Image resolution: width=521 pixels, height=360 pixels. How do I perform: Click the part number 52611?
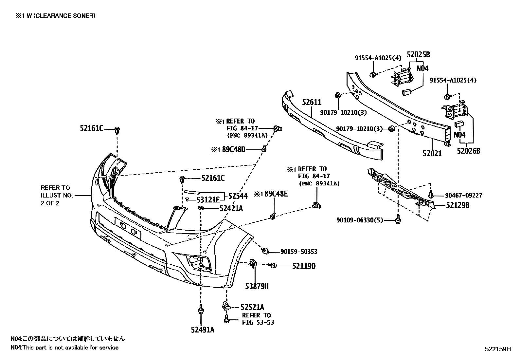coord(312,103)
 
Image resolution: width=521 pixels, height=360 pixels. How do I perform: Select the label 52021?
coord(432,153)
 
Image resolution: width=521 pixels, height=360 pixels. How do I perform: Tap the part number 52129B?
coord(458,206)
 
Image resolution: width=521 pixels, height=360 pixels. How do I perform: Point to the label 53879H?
coord(257,286)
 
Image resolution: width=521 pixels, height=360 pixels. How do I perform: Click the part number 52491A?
coord(203,330)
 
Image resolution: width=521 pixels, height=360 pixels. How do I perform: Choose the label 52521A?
coord(252,307)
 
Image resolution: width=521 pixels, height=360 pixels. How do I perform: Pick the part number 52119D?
coord(304,266)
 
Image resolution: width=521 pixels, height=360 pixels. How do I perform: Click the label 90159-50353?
coord(298,252)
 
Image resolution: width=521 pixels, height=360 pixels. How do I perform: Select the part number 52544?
coord(238,196)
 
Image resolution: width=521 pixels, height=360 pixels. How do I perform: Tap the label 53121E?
coord(208,199)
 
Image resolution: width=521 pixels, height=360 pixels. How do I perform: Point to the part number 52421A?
coord(231,208)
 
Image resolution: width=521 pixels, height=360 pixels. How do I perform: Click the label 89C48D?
coord(233,149)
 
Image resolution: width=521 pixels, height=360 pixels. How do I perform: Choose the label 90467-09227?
coord(463,196)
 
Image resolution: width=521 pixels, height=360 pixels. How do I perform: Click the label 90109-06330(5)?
coord(359,220)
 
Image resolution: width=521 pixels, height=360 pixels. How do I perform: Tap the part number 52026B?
coord(469,151)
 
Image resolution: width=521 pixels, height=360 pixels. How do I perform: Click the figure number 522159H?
coord(497,349)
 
